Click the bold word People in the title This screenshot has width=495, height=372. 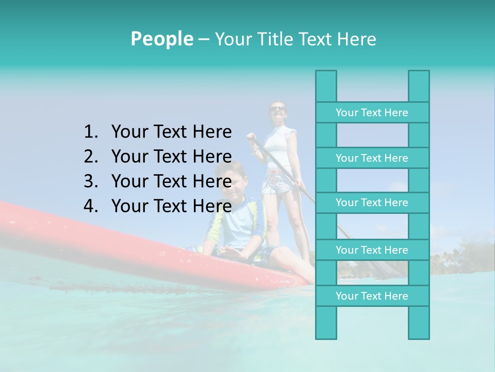tap(161, 39)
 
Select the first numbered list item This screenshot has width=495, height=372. tap(171, 132)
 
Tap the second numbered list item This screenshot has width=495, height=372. tap(171, 157)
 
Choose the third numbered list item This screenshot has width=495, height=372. tap(171, 181)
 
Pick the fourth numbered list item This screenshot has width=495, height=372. tap(171, 206)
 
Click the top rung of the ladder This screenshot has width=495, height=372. tap(372, 113)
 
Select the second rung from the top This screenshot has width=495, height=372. tap(372, 158)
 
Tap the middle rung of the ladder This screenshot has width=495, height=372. tap(372, 203)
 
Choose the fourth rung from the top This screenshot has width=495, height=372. tap(372, 250)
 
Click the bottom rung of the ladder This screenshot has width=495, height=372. tap(372, 296)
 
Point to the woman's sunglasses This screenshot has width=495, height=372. tap(277, 108)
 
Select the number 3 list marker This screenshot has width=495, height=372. tap(90, 181)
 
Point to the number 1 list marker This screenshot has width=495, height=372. tap(90, 132)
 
